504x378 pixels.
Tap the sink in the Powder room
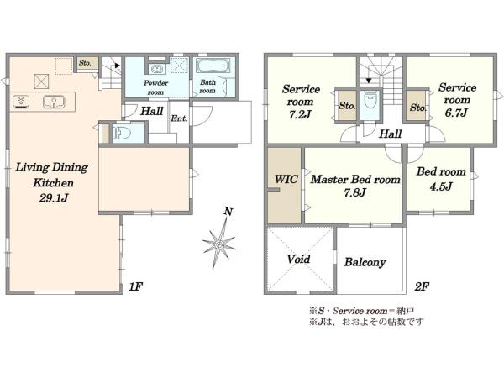pos(157,69)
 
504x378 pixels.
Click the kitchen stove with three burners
pos(21,102)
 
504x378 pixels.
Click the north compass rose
pos(219,242)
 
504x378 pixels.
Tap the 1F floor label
pos(135,286)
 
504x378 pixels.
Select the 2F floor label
pos(422,286)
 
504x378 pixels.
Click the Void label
pos(298,259)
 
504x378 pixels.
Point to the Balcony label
pos(365,262)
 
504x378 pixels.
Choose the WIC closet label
pos(286,179)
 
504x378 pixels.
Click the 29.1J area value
pos(54,198)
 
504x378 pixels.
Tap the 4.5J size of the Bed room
pos(441,186)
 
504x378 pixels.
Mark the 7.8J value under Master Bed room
pos(354,192)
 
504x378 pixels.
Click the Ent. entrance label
pos(179,118)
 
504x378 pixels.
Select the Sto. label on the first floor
pos(85,63)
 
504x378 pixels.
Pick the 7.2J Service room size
pos(300,115)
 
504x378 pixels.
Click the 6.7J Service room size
pos(456,113)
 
